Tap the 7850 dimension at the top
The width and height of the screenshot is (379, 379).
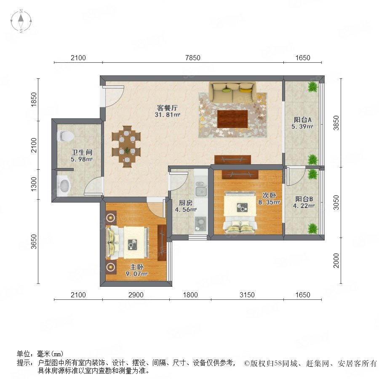(192, 58)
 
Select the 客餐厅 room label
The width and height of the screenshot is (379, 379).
(167, 108)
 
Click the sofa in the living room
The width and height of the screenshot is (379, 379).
(232, 92)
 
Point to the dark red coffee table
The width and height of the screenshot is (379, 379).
(232, 119)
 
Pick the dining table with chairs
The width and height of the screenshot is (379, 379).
(126, 146)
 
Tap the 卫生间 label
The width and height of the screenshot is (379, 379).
(82, 152)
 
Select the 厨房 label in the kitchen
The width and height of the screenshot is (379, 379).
(185, 203)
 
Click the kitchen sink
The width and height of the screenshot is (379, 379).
(201, 189)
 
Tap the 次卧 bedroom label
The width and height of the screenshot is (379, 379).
(269, 195)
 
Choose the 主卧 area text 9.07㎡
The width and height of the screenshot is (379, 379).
(136, 274)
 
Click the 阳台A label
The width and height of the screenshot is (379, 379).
(302, 120)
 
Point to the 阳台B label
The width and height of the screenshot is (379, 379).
(304, 199)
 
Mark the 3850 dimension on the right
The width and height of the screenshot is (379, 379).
(336, 123)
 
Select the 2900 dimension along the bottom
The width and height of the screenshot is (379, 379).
(136, 295)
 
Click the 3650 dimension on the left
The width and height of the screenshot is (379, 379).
(34, 241)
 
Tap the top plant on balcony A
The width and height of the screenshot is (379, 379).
(313, 87)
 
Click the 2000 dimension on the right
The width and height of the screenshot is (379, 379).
(336, 261)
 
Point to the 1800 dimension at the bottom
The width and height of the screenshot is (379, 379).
(190, 295)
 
